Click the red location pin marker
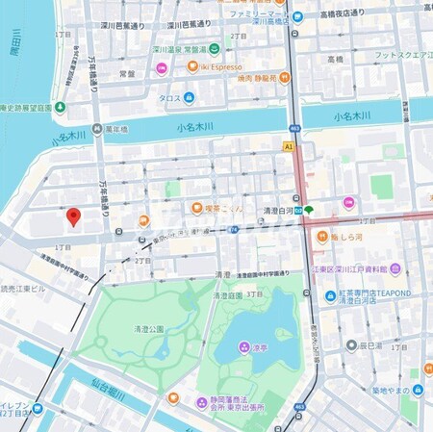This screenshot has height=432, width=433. point(73,217)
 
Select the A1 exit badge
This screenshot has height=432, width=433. point(288,144)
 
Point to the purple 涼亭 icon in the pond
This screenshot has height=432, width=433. point(244,346)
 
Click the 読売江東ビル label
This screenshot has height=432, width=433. point(25,288)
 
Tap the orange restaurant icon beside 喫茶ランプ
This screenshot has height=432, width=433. point(196,207)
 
